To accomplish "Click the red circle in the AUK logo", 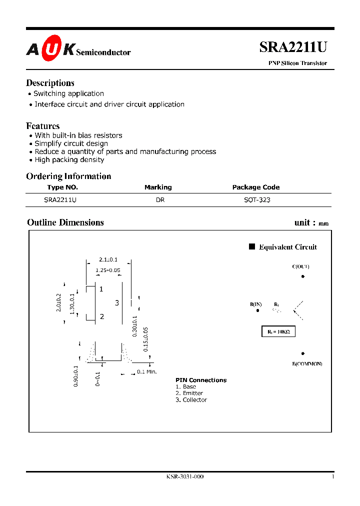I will point(51,49).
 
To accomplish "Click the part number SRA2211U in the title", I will point(293,47).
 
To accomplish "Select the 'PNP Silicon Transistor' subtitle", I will point(294,63).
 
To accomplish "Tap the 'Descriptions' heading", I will point(50,83).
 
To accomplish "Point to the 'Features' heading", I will point(42,126).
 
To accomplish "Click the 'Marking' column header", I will point(158,187).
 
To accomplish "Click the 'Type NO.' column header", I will point(62,187).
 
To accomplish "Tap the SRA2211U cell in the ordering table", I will point(60,199).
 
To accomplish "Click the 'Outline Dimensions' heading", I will point(65,222).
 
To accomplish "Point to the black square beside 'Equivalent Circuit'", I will point(252,246).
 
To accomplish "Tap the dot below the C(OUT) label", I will point(302,276).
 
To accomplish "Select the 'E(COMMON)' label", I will point(307,363).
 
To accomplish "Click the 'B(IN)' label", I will point(255,304).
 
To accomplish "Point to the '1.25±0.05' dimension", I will point(108,270).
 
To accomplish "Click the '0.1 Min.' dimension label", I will point(147,371).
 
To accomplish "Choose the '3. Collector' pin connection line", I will point(191,400).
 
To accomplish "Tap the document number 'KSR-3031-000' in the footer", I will point(184,476).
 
